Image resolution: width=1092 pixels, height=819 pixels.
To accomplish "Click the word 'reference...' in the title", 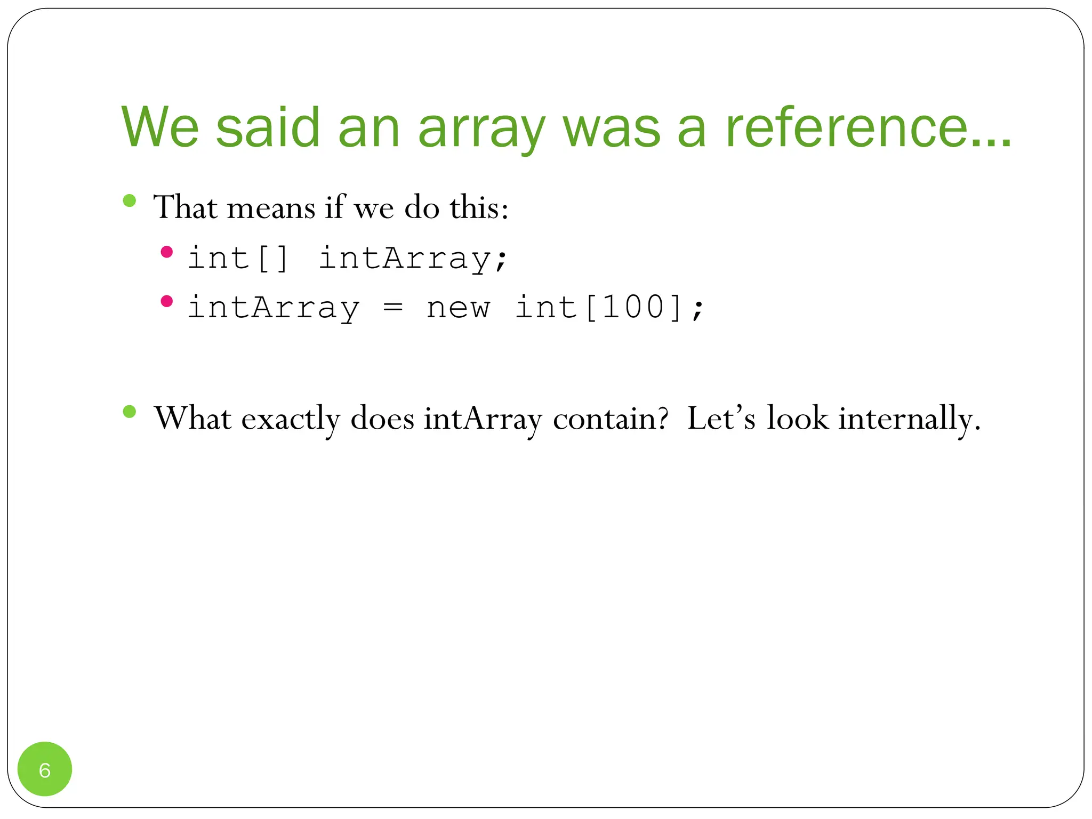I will pyautogui.click(x=868, y=128).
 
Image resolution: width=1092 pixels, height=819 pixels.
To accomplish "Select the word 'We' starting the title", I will pyautogui.click(x=160, y=128).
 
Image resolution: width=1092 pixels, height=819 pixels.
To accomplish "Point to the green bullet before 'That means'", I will pyautogui.click(x=129, y=200).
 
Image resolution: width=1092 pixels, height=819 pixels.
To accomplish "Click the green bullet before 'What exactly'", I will pyautogui.click(x=129, y=412).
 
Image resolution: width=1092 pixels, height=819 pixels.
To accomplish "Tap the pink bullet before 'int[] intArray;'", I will pyautogui.click(x=167, y=252).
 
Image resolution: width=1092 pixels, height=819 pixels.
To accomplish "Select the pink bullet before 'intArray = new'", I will pyautogui.click(x=167, y=301).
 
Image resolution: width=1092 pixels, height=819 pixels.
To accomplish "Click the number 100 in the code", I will pyautogui.click(x=633, y=308).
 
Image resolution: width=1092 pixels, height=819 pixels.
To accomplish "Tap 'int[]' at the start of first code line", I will pyautogui.click(x=238, y=259).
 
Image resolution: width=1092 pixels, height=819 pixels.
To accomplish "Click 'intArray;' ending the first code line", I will pyautogui.click(x=413, y=259).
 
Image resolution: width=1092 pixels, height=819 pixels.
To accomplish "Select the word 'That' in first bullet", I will pyautogui.click(x=186, y=207).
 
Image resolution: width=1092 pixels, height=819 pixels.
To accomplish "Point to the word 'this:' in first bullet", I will pyautogui.click(x=478, y=207).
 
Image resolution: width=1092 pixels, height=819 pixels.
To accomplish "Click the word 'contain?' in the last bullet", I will pyautogui.click(x=611, y=419).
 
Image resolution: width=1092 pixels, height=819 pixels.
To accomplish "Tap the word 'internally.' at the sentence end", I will pyautogui.click(x=909, y=419).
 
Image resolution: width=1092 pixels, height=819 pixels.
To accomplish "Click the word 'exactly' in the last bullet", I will pyautogui.click(x=291, y=419).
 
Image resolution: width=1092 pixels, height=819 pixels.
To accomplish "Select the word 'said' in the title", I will pyautogui.click(x=268, y=128).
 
